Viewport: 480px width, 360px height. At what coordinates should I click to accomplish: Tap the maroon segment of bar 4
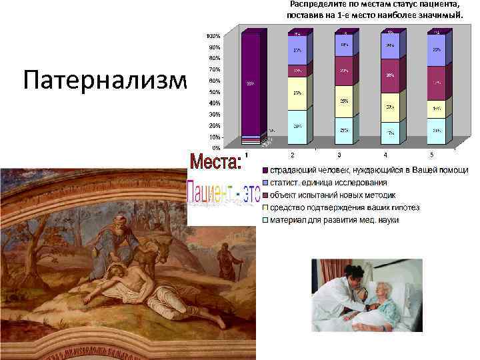click(390, 79)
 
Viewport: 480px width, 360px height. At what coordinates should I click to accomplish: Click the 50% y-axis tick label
click(215, 92)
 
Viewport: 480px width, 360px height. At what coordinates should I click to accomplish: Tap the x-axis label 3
click(339, 155)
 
